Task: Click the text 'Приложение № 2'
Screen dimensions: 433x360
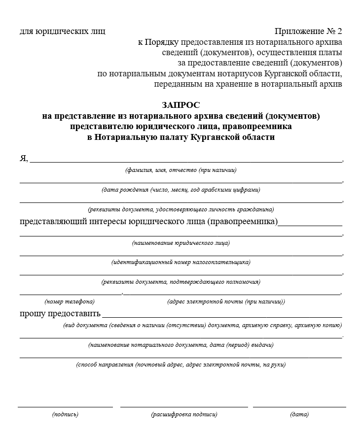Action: click(x=308, y=32)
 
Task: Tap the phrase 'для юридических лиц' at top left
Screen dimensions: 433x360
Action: click(x=63, y=32)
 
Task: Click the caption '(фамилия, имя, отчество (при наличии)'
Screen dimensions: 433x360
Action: click(x=181, y=170)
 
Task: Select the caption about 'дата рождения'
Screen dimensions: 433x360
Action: click(x=181, y=190)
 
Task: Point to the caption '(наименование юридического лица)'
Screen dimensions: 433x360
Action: click(x=181, y=243)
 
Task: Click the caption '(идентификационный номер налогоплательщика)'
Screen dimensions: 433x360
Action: click(x=181, y=262)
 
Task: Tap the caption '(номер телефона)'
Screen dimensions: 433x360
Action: click(x=70, y=301)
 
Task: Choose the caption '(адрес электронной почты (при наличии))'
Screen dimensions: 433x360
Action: click(x=226, y=301)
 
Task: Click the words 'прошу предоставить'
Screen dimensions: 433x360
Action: click(x=60, y=313)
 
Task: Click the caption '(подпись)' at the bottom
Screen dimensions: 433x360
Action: click(x=65, y=414)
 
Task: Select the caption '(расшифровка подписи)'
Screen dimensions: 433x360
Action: click(x=184, y=414)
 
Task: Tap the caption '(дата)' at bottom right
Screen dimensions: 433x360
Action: click(x=299, y=414)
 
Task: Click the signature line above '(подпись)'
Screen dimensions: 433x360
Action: click(x=65, y=407)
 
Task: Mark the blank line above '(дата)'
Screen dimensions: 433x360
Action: click(x=299, y=407)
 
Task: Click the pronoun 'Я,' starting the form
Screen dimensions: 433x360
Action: click(x=24, y=158)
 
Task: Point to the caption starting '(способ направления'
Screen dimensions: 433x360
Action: click(x=181, y=365)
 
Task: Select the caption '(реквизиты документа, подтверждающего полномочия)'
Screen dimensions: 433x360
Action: click(x=181, y=282)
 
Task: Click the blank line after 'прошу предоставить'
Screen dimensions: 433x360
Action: click(x=222, y=317)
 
